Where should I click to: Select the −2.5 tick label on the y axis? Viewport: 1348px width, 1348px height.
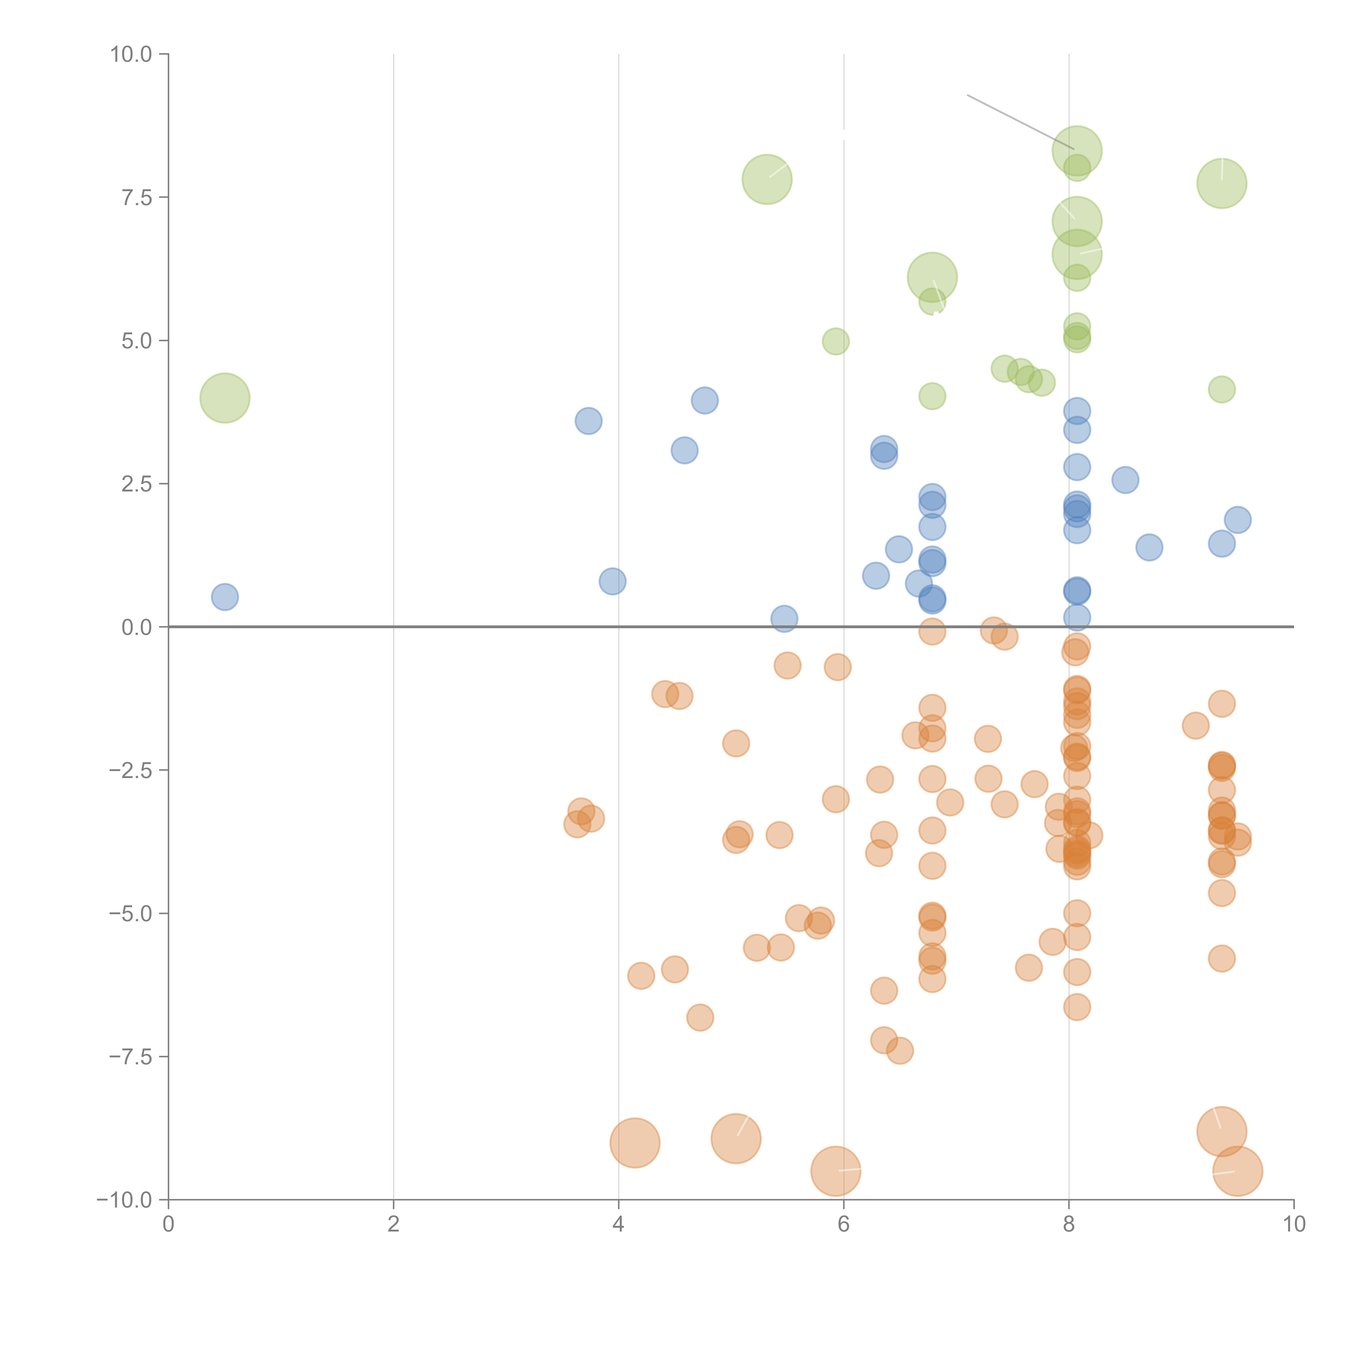(x=131, y=770)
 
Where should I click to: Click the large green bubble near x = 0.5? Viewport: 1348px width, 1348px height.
(x=225, y=398)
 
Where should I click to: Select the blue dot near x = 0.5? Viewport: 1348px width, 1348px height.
(x=225, y=597)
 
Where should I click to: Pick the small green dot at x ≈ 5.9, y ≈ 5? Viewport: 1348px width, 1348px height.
(x=835, y=341)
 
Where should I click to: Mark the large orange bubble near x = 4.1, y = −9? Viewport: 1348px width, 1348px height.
(x=634, y=1143)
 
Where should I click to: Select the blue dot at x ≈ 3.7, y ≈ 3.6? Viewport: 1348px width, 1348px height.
(x=588, y=421)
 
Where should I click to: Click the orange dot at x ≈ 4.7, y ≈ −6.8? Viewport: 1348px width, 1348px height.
(x=700, y=1017)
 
